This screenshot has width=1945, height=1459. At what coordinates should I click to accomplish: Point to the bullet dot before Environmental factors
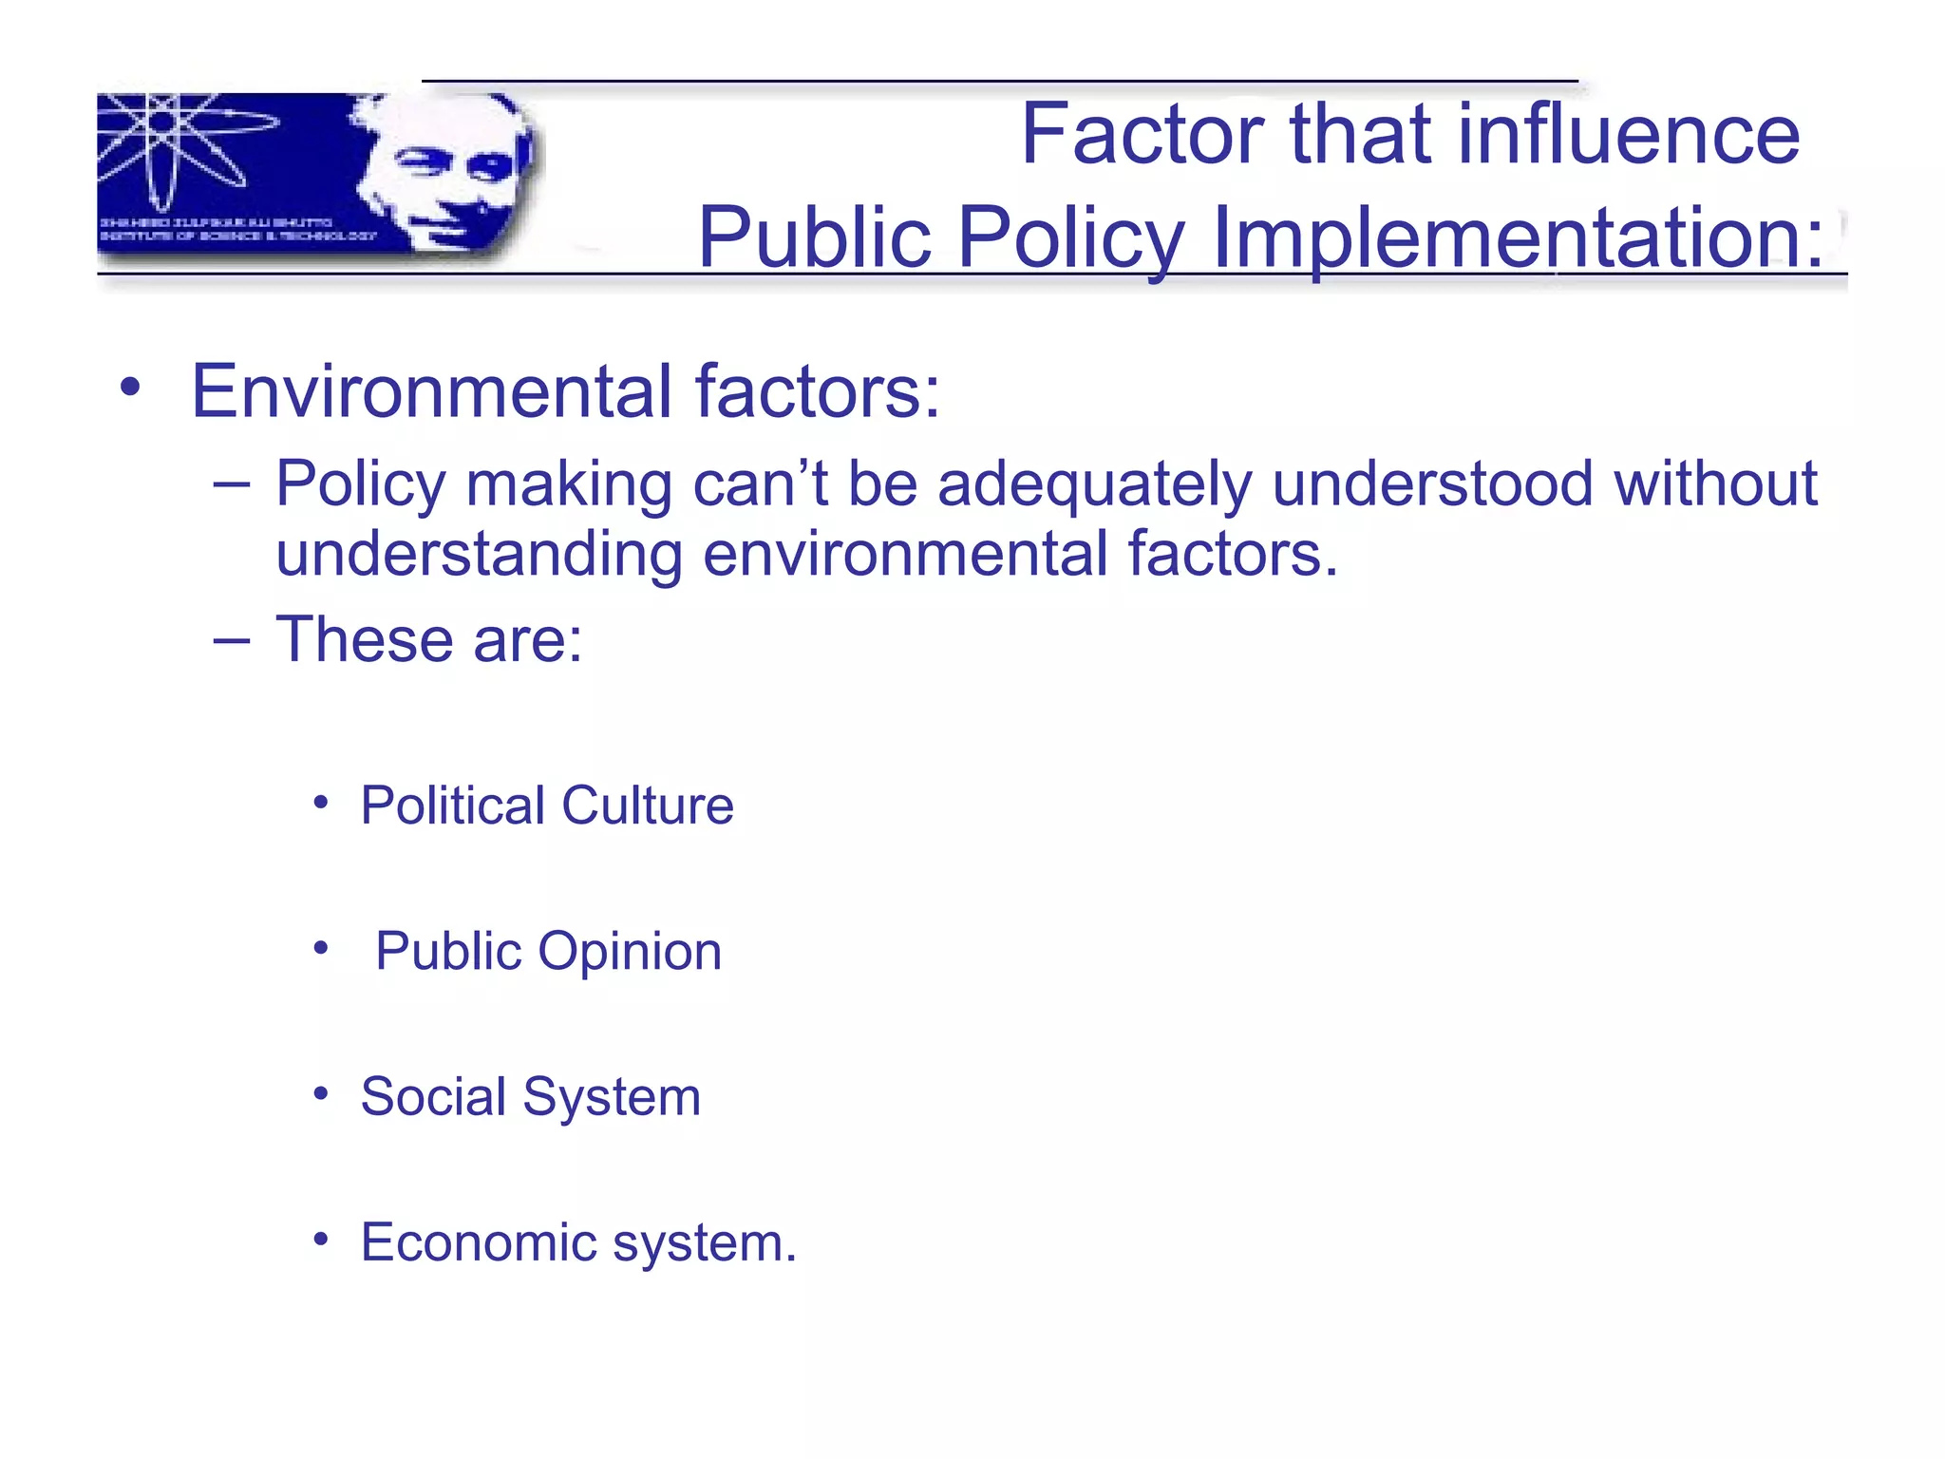coord(131,387)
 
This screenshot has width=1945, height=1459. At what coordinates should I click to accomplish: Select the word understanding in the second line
coord(479,555)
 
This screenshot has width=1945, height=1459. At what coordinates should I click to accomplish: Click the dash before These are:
coord(232,640)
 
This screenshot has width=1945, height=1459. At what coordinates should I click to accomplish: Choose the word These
coord(364,640)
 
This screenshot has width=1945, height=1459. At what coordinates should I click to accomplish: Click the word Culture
coord(648,806)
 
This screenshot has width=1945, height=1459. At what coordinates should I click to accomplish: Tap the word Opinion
coord(630,952)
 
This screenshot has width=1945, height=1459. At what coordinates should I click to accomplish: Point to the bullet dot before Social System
coord(321,1094)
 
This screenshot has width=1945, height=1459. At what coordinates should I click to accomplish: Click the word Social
coord(433,1097)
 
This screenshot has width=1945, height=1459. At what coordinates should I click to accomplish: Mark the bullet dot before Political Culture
coord(321,804)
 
